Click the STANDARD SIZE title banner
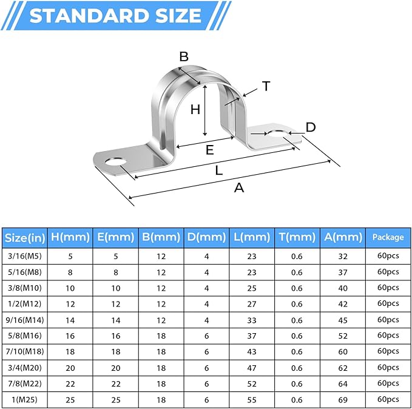(x=115, y=15)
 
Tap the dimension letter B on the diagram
(x=184, y=57)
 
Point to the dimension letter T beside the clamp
(x=265, y=87)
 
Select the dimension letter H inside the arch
(x=195, y=109)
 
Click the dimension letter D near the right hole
(x=310, y=127)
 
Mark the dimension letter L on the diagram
(x=219, y=171)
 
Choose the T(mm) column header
(x=297, y=237)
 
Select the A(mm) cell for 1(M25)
(x=342, y=399)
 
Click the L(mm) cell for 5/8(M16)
(x=252, y=335)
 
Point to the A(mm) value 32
(x=342, y=256)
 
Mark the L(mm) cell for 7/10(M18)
(x=252, y=351)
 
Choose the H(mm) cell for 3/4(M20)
(x=70, y=367)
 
